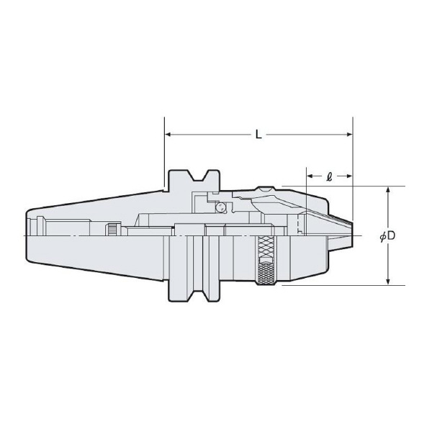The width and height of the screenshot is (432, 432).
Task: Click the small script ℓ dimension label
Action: (329, 175)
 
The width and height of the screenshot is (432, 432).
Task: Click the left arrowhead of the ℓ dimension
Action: (310, 175)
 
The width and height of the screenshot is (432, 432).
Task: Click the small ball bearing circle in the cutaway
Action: (221, 207)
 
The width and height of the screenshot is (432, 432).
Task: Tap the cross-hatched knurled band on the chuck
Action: (266, 261)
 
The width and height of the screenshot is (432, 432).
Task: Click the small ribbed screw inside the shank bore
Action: (113, 230)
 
